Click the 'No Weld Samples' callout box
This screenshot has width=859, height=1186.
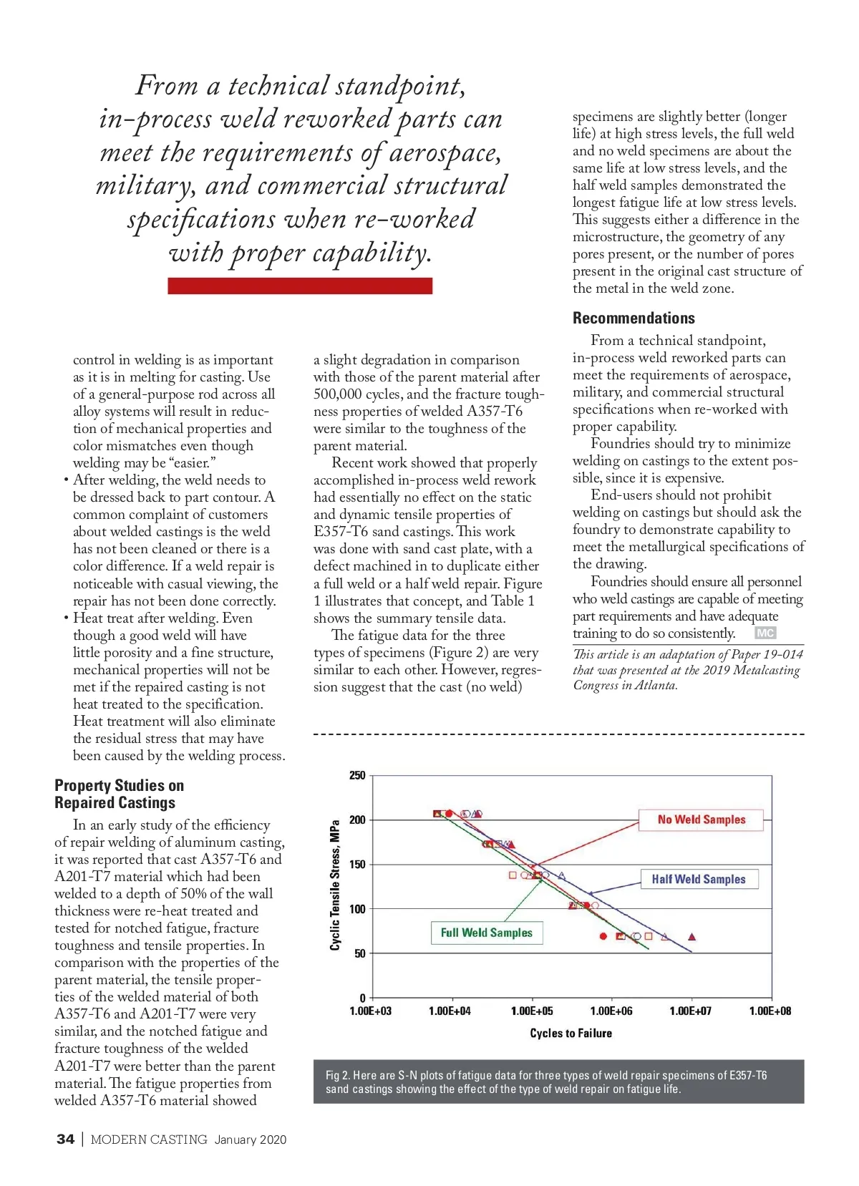701,820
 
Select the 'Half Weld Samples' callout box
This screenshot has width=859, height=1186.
698,879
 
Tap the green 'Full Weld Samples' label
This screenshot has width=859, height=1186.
486,933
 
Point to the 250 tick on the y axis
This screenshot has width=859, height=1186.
357,775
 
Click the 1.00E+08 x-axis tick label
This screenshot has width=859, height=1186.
770,1011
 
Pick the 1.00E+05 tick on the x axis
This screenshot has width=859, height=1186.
531,1011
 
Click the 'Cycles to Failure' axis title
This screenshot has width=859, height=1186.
571,1033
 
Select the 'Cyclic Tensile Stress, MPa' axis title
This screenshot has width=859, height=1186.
335,885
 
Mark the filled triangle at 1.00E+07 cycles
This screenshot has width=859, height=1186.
691,936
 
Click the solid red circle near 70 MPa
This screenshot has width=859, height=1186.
603,936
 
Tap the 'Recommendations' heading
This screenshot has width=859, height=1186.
634,319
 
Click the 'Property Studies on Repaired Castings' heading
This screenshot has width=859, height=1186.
119,794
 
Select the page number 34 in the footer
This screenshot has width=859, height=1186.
65,1139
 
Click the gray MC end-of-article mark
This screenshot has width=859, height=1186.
765,633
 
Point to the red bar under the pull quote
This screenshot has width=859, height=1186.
300,286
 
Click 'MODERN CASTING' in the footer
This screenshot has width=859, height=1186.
149,1139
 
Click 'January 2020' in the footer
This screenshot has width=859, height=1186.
251,1139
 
